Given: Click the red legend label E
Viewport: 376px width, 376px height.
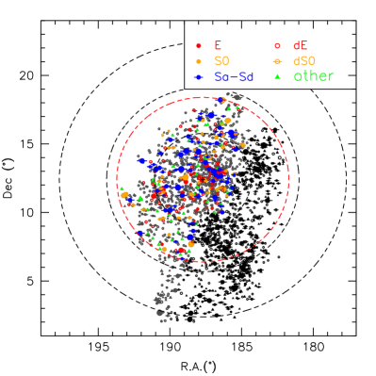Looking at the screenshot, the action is [218, 45].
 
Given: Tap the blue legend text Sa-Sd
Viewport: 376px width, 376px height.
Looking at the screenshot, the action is [234, 77].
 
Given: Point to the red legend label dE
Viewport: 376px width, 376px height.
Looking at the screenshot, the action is [300, 45].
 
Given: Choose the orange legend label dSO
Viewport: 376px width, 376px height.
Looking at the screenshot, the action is [304, 61].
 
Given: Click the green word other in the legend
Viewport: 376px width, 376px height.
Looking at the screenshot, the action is [314, 76].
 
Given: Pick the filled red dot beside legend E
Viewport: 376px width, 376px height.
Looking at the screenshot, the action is [198, 45].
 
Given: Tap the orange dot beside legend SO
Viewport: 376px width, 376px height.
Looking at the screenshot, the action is [198, 61].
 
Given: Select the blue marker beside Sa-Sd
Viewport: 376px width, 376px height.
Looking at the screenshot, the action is [198, 77].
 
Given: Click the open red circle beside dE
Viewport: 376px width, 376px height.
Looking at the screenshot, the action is [277, 45].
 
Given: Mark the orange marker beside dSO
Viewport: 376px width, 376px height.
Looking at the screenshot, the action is [277, 61].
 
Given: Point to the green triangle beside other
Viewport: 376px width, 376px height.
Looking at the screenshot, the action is [277, 76].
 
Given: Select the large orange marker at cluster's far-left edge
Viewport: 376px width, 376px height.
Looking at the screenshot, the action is [123, 194].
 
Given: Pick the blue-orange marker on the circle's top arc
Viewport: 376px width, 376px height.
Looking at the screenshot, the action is [221, 100].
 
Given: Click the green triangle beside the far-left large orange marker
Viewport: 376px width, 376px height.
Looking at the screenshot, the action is [140, 197].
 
